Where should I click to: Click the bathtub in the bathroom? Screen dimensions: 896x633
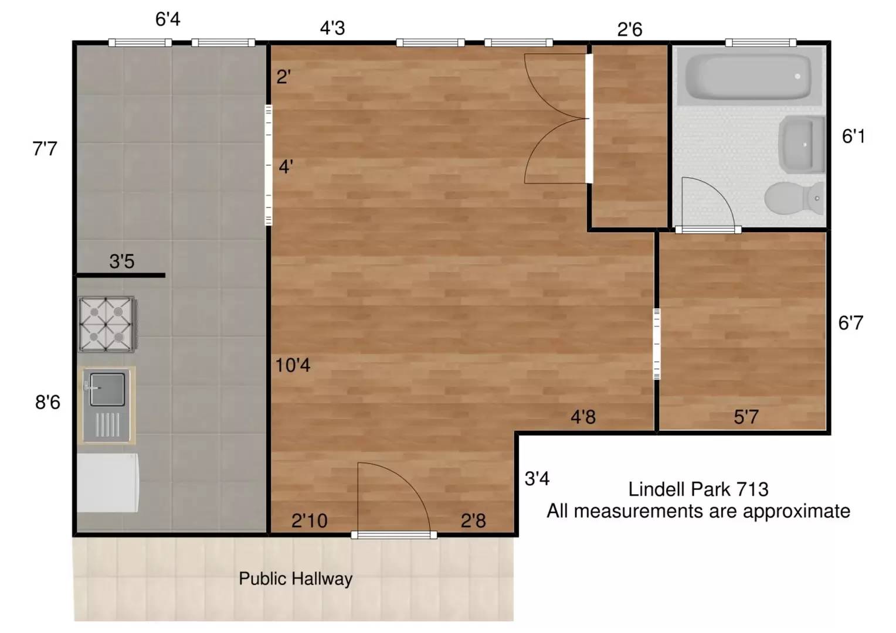tap(748, 76)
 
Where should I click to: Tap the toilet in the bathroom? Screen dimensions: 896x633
tap(794, 198)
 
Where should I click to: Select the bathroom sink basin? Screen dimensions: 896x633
tap(801, 144)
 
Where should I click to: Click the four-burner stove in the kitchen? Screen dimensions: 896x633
tap(107, 324)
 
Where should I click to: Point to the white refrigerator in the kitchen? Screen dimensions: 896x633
tap(107, 482)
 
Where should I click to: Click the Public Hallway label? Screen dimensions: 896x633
tap(296, 578)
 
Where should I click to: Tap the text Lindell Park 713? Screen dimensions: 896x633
tap(698, 489)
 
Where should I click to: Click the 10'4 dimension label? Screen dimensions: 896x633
tap(293, 365)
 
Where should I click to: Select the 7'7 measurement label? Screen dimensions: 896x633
tap(45, 149)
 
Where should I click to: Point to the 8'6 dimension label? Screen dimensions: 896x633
tap(47, 402)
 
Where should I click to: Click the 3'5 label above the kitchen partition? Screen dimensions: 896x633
tap(122, 261)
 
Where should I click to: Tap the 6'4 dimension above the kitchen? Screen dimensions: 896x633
tap(168, 19)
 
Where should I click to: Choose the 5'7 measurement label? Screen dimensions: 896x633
tap(746, 417)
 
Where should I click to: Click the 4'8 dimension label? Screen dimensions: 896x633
tap(583, 417)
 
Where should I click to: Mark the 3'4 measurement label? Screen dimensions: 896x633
tap(537, 478)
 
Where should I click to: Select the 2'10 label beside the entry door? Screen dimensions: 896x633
tap(309, 520)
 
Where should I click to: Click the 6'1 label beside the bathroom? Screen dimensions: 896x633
tap(854, 137)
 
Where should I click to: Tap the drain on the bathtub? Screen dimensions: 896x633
tap(797, 76)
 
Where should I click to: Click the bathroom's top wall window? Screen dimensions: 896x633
tap(761, 42)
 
